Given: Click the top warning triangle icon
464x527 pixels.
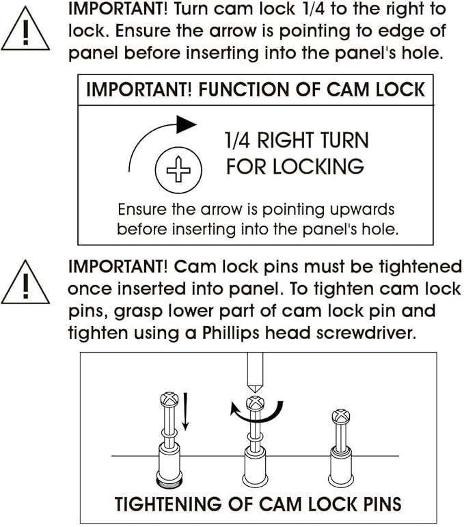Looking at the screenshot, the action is pyautogui.click(x=25, y=30).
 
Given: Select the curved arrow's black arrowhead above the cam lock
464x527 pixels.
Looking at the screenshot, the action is pyautogui.click(x=186, y=124).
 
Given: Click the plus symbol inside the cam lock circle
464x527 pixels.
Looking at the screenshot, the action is pyautogui.click(x=179, y=170).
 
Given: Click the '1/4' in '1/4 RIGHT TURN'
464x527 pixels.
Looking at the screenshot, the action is pyautogui.click(x=237, y=140).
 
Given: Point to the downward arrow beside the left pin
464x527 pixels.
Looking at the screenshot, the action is pyautogui.click(x=185, y=412).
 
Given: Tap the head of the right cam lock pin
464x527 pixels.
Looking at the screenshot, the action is pyautogui.click(x=341, y=416).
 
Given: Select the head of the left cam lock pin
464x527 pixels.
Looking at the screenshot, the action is pyautogui.click(x=169, y=399).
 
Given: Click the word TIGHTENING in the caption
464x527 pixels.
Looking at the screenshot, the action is pyautogui.click(x=169, y=504).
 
